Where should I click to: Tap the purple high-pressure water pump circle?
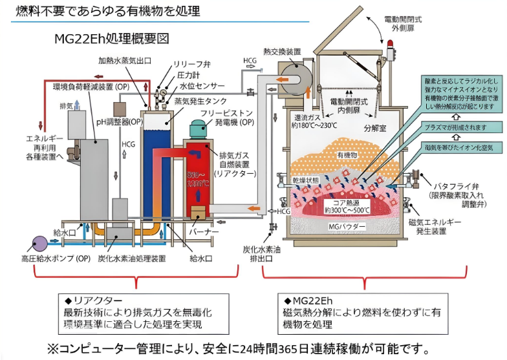(x=39, y=243)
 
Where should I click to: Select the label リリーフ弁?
(x=190, y=65)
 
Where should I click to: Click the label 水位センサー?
(x=202, y=85)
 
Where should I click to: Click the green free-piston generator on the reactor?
(x=197, y=132)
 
